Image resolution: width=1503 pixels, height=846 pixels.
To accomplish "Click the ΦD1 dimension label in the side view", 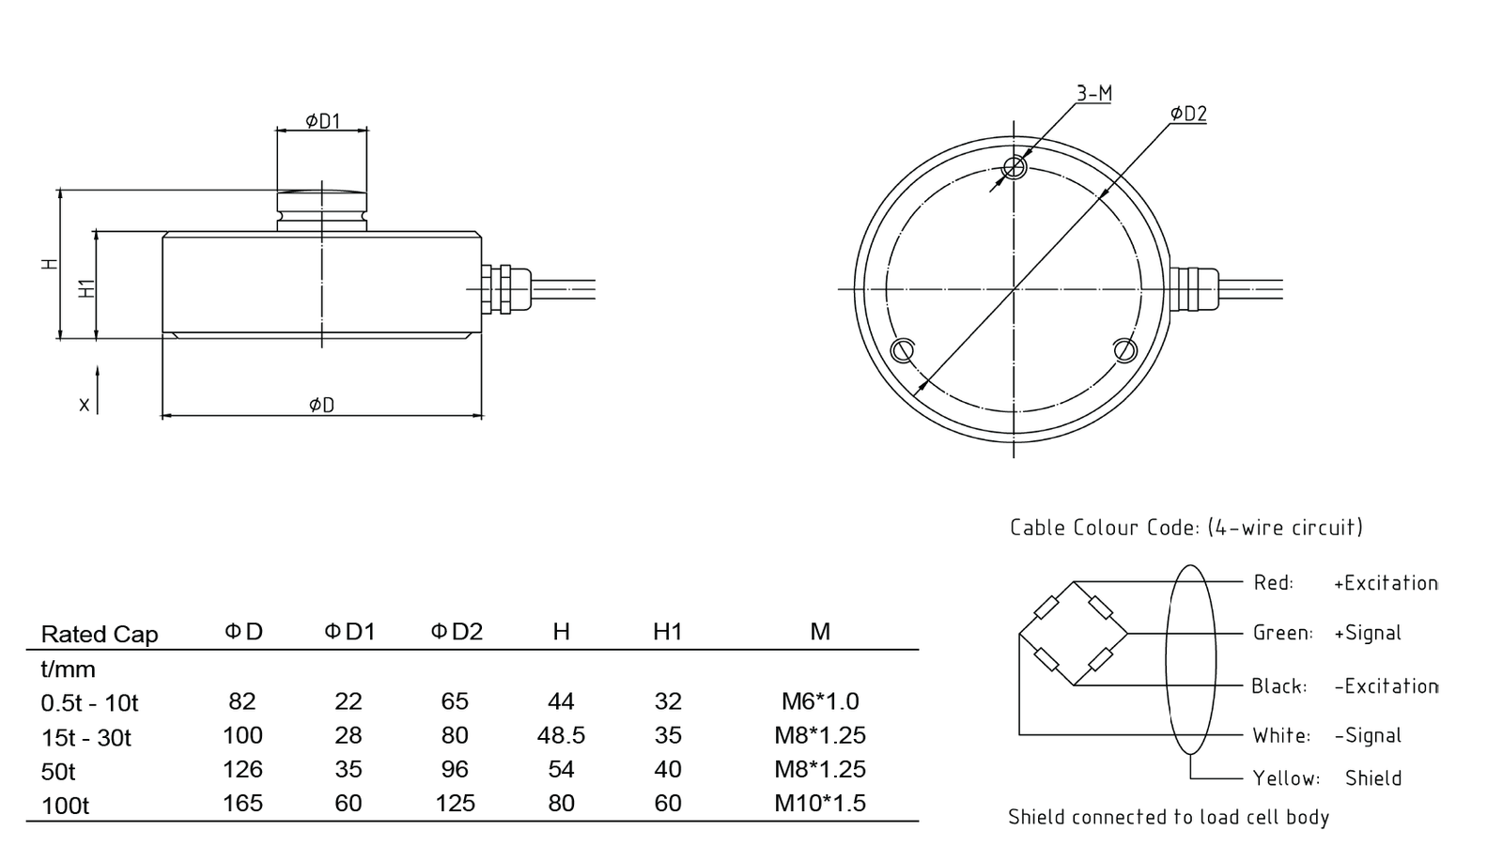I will pyautogui.click(x=322, y=120).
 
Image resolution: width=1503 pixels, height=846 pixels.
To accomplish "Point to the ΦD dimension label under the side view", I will pyautogui.click(x=321, y=405).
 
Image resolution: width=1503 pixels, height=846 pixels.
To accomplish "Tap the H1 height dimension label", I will pyautogui.click(x=87, y=287).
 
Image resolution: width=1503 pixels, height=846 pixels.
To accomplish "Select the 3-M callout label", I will pyautogui.click(x=1093, y=93).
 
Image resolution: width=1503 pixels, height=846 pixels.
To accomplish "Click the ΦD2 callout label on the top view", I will pyautogui.click(x=1188, y=114).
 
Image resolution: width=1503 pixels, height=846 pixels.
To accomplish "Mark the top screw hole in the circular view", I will pyautogui.click(x=1015, y=168).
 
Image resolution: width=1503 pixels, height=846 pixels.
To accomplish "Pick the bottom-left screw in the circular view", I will pyautogui.click(x=902, y=350).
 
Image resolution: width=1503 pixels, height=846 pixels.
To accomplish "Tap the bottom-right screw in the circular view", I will pyautogui.click(x=1126, y=350).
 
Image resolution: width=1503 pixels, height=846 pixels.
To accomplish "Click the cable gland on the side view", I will pyautogui.click(x=499, y=286).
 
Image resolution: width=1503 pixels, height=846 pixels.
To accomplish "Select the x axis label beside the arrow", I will pyautogui.click(x=85, y=405).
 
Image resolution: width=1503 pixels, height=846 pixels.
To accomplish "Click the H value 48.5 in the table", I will pyautogui.click(x=561, y=735).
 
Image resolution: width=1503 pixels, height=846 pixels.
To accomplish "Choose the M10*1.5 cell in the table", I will pyautogui.click(x=820, y=803).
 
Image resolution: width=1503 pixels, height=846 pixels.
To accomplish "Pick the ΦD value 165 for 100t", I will pyautogui.click(x=242, y=803).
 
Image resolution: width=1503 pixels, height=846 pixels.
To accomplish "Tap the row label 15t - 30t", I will pyautogui.click(x=86, y=737).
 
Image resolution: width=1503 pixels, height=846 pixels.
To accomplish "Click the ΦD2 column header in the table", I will pyautogui.click(x=457, y=632).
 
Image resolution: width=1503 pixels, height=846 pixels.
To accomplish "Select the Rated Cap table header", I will pyautogui.click(x=100, y=635).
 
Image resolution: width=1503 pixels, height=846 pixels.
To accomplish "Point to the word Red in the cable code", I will pyautogui.click(x=1273, y=583).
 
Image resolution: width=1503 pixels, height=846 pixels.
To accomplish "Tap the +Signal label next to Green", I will pyautogui.click(x=1367, y=633).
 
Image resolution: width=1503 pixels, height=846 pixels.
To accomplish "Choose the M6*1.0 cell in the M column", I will pyautogui.click(x=820, y=701).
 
